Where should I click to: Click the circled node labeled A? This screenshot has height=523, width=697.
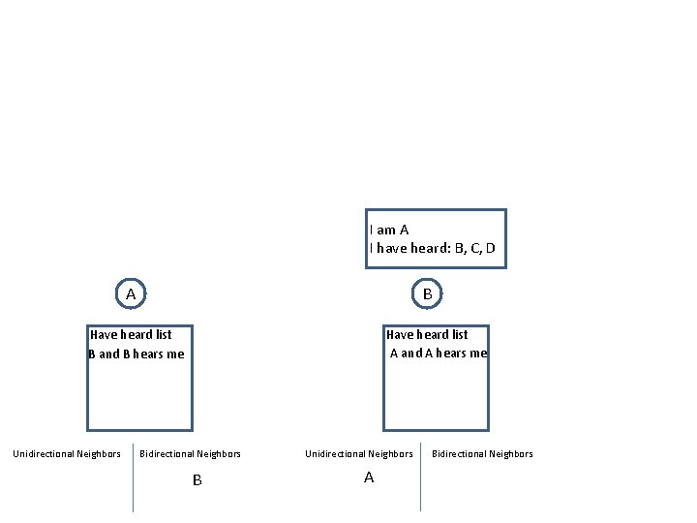pos(130,293)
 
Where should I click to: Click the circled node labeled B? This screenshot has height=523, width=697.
pos(427,293)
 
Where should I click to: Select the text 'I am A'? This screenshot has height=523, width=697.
pos(389,231)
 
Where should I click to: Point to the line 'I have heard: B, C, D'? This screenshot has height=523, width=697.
pos(432,249)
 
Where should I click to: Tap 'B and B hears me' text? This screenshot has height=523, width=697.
pos(136,354)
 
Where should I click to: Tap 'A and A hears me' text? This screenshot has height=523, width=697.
pos(438,354)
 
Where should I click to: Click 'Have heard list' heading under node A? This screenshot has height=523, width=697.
pos(131,335)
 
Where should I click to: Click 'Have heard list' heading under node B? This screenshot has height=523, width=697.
pos(427,335)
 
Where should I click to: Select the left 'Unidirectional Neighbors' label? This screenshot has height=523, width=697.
pos(67,454)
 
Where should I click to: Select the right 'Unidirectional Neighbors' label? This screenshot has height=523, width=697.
pos(359,454)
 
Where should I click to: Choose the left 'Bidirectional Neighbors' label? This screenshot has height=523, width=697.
pos(191,454)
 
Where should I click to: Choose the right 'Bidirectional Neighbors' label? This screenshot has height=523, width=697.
pos(482,454)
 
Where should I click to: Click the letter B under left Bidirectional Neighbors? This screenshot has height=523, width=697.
pos(197,480)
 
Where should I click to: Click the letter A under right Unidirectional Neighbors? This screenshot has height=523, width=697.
pos(368,477)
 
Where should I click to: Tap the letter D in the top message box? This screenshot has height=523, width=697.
pos(490,249)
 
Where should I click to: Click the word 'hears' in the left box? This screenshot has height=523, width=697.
pos(150,354)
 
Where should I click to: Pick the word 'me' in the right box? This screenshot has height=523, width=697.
pos(477,354)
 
